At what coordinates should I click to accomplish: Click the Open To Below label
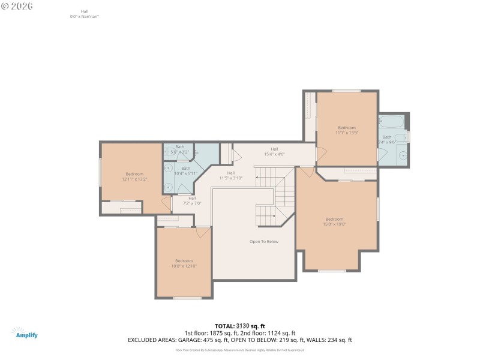[x=264, y=242]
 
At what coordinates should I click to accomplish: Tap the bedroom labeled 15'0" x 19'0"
[x=335, y=221]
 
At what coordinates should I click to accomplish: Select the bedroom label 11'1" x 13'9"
[x=347, y=130]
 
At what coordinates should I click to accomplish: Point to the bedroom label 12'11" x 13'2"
[x=134, y=176]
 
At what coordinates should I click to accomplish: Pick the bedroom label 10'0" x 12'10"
[x=184, y=263]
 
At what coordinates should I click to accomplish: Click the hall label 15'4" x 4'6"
[x=274, y=151]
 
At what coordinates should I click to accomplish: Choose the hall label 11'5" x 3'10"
[x=230, y=175]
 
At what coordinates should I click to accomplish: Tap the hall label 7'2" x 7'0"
[x=192, y=200]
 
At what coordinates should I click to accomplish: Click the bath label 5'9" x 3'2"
[x=179, y=150]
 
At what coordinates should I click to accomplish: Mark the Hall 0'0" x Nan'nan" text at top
[x=83, y=14]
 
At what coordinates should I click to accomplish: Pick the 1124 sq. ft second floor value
[x=275, y=333]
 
